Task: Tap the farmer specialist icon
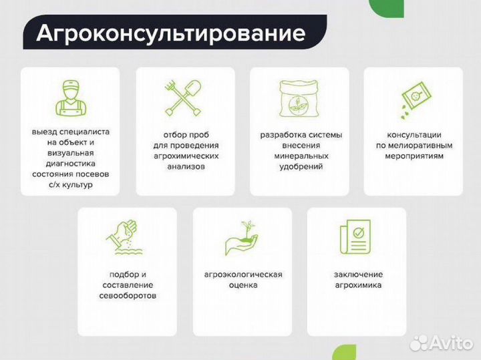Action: [70, 97]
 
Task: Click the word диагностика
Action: [70, 163]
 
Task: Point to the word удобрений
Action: [301, 166]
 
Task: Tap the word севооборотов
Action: [128, 295]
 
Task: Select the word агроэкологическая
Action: [243, 275]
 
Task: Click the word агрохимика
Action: [358, 285]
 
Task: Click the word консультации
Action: [414, 134]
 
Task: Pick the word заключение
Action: [358, 275]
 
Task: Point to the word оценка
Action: [243, 285]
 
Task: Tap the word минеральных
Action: [301, 156]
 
